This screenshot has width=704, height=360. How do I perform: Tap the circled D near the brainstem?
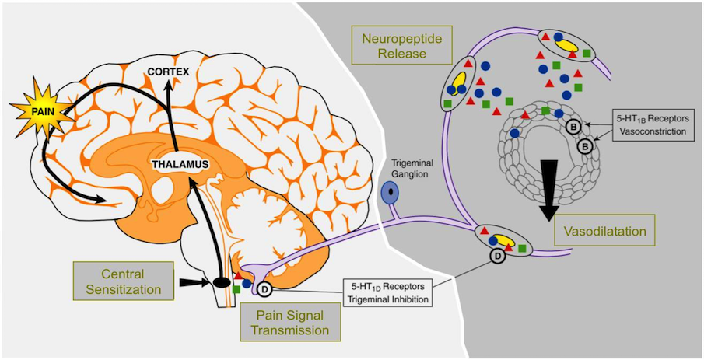[x=264, y=291]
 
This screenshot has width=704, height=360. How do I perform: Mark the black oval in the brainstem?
[x=222, y=282]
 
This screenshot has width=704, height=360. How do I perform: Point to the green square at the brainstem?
[x=236, y=289]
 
